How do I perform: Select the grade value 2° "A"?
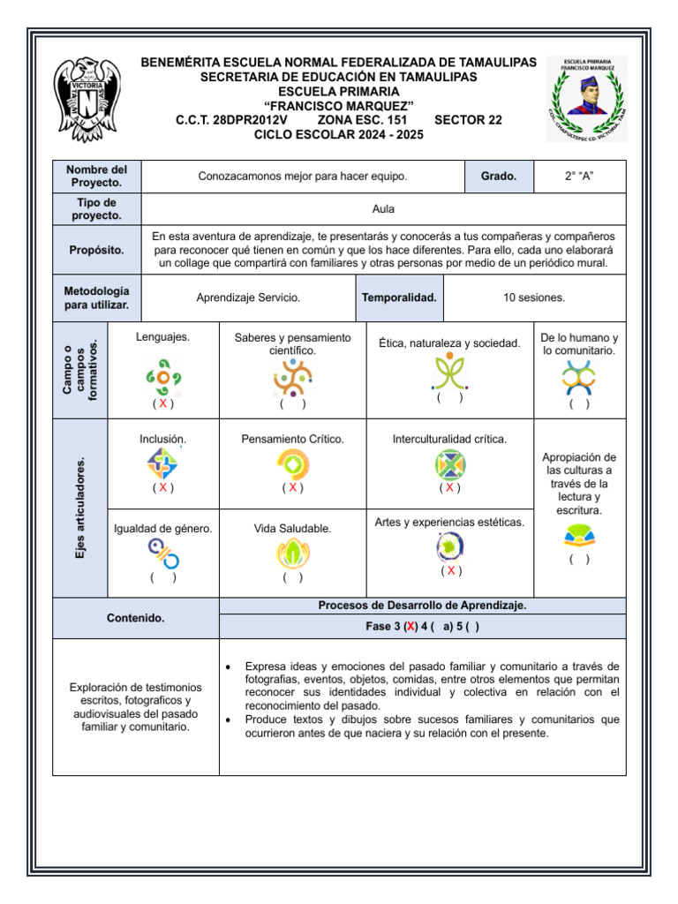[x=579, y=177]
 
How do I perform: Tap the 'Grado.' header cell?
[x=499, y=177]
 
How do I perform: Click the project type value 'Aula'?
[x=383, y=209]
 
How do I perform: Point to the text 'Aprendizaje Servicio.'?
[x=248, y=298]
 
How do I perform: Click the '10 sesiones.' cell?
[x=534, y=298]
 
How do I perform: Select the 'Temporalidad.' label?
[x=399, y=298]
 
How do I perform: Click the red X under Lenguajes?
[x=162, y=403]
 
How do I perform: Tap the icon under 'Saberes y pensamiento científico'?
[x=292, y=379]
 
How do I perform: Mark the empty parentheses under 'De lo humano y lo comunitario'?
[x=579, y=403]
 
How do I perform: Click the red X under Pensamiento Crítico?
[x=292, y=487]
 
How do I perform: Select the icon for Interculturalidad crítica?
[x=449, y=463]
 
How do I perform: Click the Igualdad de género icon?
[x=162, y=554]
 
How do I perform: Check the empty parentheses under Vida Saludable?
[x=292, y=577]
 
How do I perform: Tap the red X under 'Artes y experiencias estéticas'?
[x=450, y=570]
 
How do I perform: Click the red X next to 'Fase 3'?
[x=410, y=626]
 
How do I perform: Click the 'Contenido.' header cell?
[x=136, y=618]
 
